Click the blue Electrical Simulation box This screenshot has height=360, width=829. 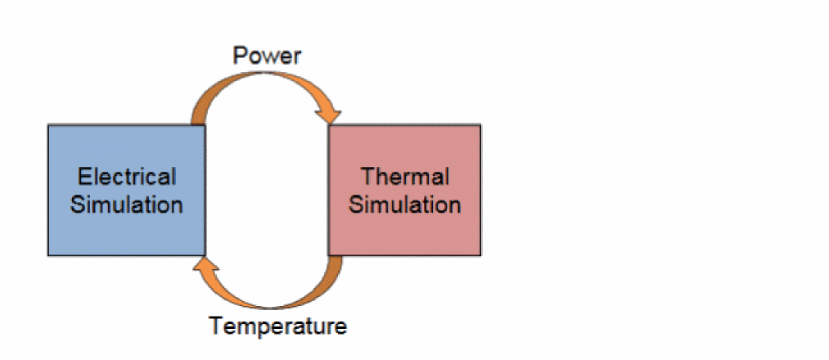click(x=126, y=190)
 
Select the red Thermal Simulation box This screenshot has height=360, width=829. click(x=404, y=190)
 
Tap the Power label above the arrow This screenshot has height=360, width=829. click(x=267, y=56)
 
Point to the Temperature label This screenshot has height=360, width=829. click(x=278, y=326)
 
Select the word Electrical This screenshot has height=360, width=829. click(x=127, y=177)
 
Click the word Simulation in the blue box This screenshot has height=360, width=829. click(x=127, y=204)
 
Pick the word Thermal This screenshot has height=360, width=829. click(x=404, y=177)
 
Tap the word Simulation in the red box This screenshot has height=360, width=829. click(x=404, y=204)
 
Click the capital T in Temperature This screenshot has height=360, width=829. click(x=216, y=326)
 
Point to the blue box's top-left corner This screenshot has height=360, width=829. click(x=49, y=126)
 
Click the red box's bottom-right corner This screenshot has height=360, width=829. click(x=480, y=254)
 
